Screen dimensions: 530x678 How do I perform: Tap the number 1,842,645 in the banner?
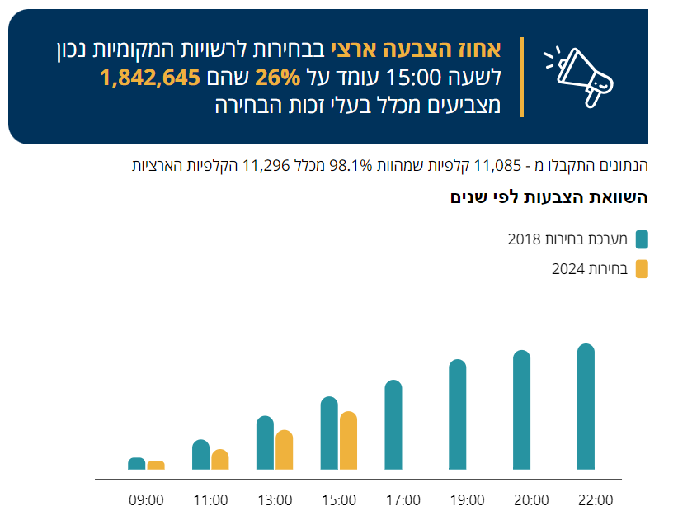150,78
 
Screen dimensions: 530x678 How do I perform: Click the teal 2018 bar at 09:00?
137,464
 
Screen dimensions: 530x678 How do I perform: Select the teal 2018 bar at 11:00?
201,455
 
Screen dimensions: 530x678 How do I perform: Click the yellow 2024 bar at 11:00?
220,460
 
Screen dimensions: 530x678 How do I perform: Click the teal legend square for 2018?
642,240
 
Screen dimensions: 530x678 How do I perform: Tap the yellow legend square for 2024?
642,269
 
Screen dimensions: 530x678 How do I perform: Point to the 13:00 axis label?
275,500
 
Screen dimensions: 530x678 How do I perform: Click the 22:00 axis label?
596,500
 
